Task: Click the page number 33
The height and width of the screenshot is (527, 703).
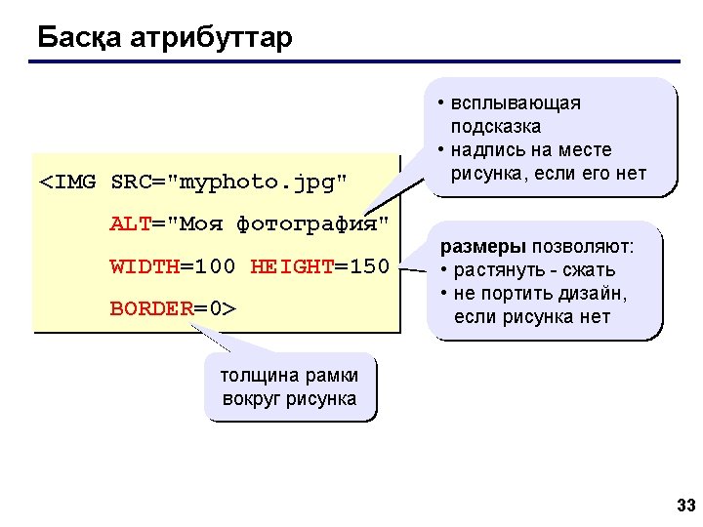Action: point(685,506)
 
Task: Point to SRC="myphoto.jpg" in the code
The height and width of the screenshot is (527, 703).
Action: point(229,182)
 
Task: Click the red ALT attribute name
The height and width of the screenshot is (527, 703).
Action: point(129,223)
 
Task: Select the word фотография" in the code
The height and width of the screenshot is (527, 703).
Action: point(312,223)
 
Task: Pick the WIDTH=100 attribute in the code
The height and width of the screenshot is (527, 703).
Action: point(173,266)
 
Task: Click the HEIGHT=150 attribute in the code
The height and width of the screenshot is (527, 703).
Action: point(319,266)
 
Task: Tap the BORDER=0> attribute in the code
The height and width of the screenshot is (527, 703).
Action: point(173,309)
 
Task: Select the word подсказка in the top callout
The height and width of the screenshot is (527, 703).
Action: point(496,127)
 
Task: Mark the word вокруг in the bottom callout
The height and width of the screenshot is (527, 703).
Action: point(251,398)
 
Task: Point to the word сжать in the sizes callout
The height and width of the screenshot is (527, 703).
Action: point(595,270)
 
